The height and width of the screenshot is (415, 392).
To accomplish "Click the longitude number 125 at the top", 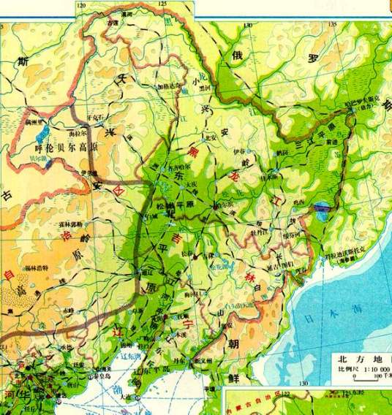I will pos(162,4).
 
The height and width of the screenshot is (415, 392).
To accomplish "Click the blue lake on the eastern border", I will pos(320,212).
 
